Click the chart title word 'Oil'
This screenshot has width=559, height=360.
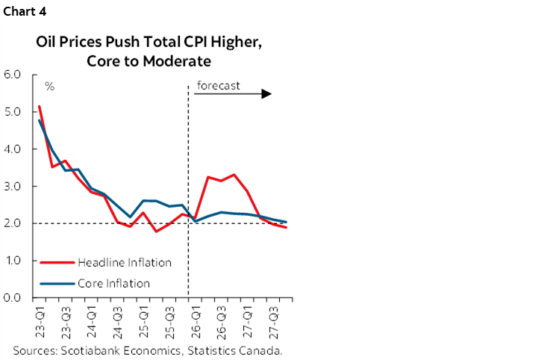click(x=46, y=43)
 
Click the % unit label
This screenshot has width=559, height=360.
click(x=49, y=87)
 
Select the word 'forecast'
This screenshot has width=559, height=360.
click(x=218, y=85)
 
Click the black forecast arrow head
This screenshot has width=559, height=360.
click(x=266, y=95)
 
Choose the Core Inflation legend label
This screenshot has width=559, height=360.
click(x=114, y=283)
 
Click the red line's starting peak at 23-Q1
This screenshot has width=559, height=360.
click(x=39, y=106)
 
